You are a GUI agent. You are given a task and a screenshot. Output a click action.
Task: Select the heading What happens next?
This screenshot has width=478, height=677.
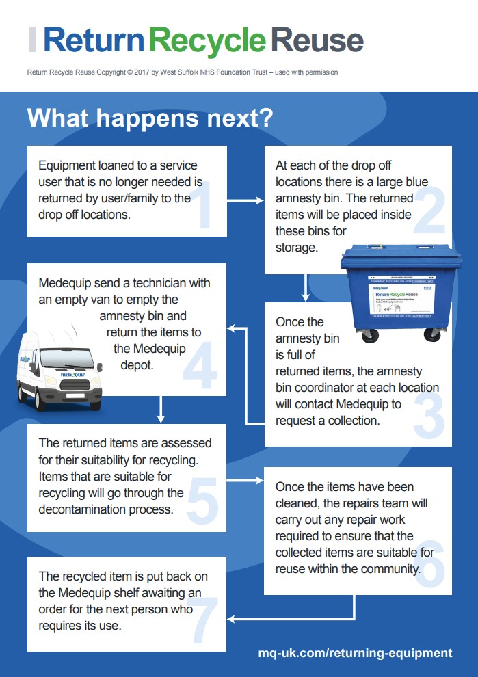pyautogui.click(x=150, y=118)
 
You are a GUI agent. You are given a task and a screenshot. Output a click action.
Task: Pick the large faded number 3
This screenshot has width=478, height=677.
pyautogui.click(x=429, y=413)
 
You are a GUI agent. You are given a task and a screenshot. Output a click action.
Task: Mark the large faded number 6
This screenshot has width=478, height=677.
pyautogui.click(x=429, y=562)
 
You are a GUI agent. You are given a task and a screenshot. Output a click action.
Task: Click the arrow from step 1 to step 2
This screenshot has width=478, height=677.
pyautogui.click(x=245, y=201)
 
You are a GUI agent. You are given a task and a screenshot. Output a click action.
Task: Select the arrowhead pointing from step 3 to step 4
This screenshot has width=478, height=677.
pyautogui.click(x=232, y=328)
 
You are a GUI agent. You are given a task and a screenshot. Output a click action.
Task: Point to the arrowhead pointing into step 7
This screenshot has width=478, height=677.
pyautogui.click(x=232, y=619)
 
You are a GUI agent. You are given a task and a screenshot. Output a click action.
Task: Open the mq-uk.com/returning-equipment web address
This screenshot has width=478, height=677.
pyautogui.click(x=355, y=653)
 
